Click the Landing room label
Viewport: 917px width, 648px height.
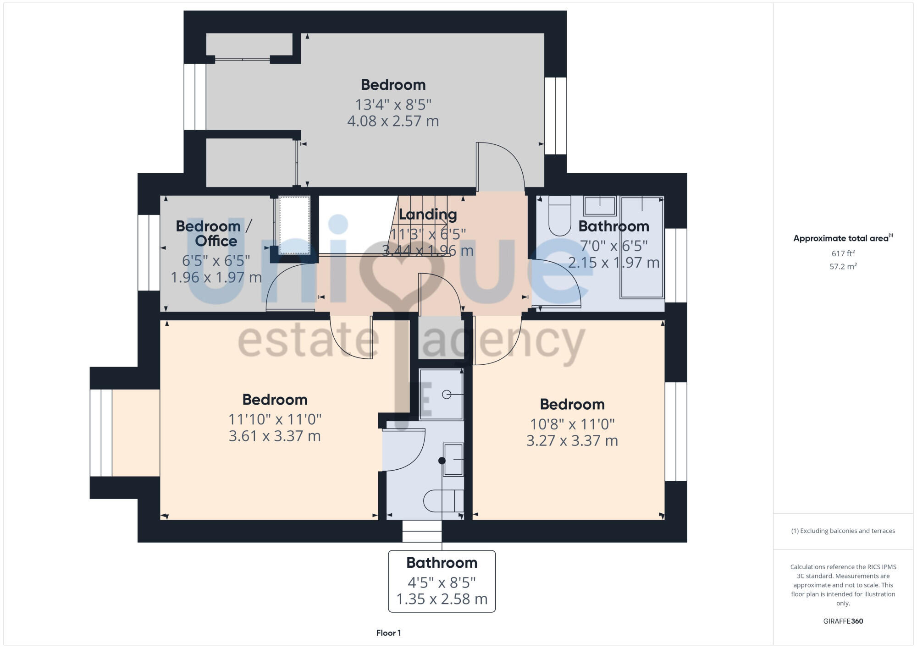point(427,214)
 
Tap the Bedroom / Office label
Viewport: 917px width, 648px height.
point(214,233)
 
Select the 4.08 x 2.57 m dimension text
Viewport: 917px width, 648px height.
point(393,121)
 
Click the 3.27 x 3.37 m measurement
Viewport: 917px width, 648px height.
point(572,440)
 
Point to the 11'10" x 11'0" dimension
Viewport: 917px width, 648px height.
point(275,419)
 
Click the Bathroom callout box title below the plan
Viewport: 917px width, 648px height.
point(442,562)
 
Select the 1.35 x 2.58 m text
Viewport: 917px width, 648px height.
point(442,599)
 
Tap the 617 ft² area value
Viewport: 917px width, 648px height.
point(843,253)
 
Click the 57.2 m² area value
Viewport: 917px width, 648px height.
point(843,266)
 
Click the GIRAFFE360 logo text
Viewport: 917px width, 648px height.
point(843,621)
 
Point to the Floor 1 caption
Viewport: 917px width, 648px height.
point(388,633)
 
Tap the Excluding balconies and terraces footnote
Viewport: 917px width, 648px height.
point(843,531)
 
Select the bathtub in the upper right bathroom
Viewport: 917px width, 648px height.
point(641,247)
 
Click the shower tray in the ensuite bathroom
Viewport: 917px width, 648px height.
point(441,394)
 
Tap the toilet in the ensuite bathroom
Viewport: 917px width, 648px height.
point(442,500)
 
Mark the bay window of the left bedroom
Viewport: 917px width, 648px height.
point(102,433)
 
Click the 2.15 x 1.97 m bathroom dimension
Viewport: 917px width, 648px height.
point(613,263)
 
